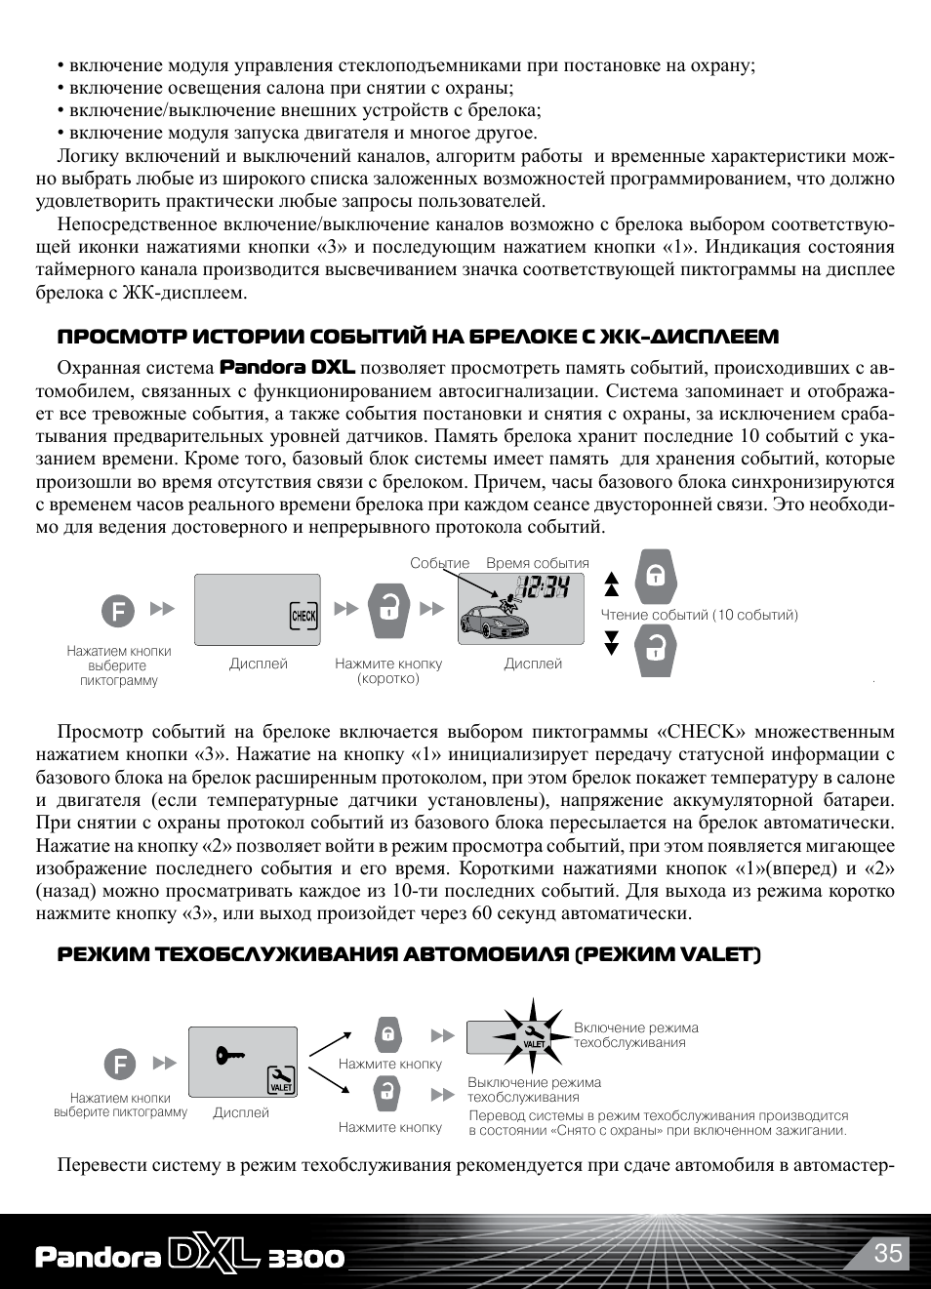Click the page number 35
click(x=888, y=1253)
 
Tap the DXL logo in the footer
click(x=214, y=1256)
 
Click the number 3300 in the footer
click(x=305, y=1258)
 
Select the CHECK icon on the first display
click(x=304, y=616)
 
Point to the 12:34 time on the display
click(x=543, y=587)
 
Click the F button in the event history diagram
click(x=118, y=612)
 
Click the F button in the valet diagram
click(x=120, y=1064)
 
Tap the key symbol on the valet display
click(x=230, y=1055)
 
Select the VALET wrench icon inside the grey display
click(x=281, y=1078)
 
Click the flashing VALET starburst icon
click(x=533, y=1034)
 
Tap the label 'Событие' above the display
click(x=439, y=563)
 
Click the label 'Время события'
click(x=538, y=563)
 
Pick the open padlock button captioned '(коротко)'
click(x=388, y=610)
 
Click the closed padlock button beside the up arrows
click(x=656, y=577)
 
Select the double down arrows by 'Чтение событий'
click(x=612, y=643)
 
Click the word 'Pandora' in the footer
click(x=98, y=1257)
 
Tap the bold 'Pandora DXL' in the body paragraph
click(x=287, y=367)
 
